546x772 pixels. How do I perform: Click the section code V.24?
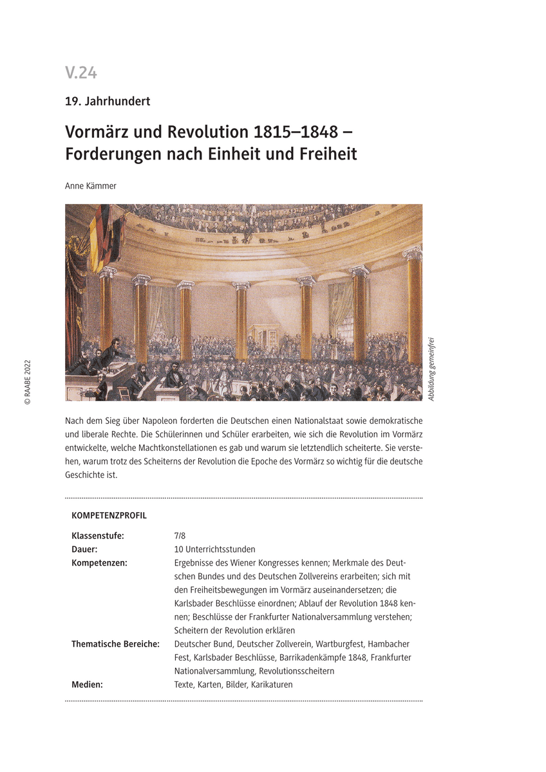tap(81, 73)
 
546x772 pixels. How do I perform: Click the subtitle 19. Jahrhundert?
tap(108, 100)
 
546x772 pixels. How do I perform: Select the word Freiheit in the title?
tap(326, 154)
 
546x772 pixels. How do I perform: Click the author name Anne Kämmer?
tap(91, 186)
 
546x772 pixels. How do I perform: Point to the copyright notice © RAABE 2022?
tap(27, 382)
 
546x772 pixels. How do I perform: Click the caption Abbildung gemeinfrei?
tap(431, 369)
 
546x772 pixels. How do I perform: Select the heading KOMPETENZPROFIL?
tap(109, 516)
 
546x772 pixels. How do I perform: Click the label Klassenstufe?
tap(98, 536)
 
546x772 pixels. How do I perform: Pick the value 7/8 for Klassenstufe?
tap(180, 536)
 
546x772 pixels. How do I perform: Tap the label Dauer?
tap(84, 549)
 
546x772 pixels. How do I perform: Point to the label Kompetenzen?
tap(99, 563)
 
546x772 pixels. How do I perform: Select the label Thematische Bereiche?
tap(115, 644)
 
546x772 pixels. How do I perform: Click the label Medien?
tap(87, 685)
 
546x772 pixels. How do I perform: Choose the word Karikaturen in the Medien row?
tap(272, 685)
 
